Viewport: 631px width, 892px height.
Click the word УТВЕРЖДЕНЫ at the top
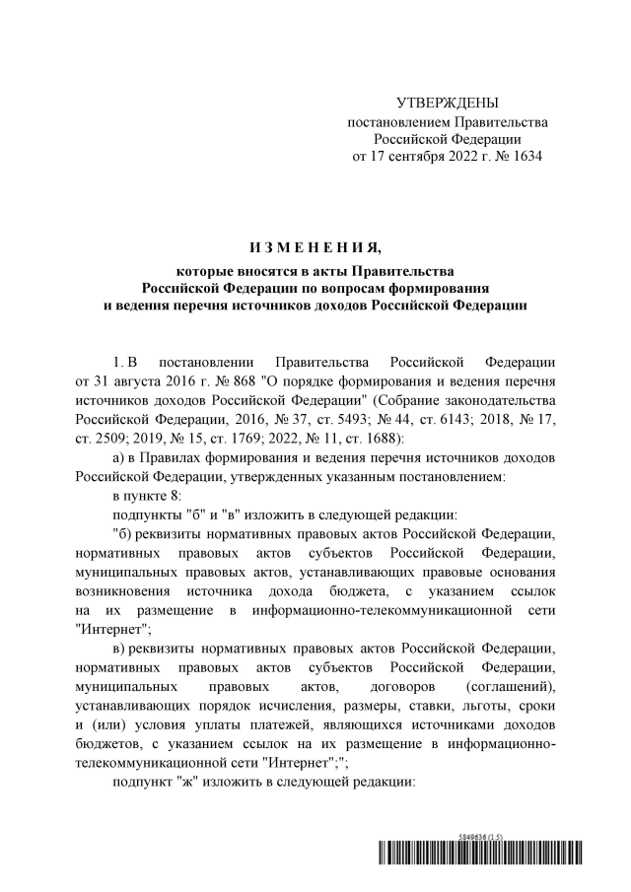[447, 103]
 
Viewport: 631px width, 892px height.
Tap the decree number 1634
[524, 157]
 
